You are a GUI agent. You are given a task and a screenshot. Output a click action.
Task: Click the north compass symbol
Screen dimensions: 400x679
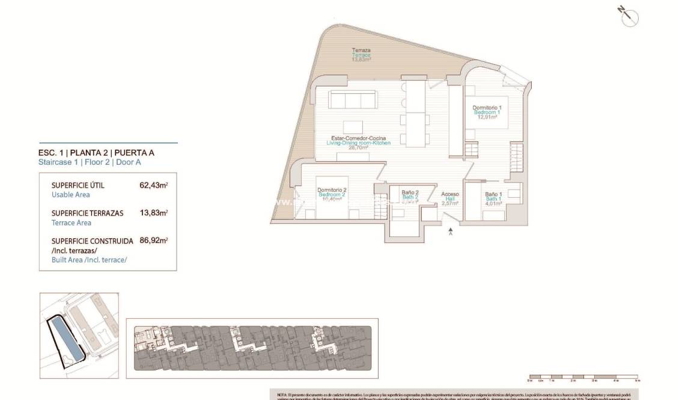pyautogui.click(x=629, y=17)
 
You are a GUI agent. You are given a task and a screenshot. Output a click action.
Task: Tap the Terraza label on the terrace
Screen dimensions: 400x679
pyautogui.click(x=361, y=51)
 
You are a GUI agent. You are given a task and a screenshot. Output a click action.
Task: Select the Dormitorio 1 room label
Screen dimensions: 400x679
pyautogui.click(x=487, y=108)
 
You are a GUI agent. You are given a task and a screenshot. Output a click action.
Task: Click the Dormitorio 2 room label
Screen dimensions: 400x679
pyautogui.click(x=332, y=190)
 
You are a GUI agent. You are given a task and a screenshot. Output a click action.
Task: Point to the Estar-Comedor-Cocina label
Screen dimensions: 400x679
pyautogui.click(x=358, y=138)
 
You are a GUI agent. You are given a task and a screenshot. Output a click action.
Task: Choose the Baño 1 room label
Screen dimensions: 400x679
pyautogui.click(x=493, y=194)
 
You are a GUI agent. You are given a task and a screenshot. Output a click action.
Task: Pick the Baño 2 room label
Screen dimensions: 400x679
pyautogui.click(x=410, y=192)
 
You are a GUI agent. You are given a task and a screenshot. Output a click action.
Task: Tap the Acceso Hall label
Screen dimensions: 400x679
pyautogui.click(x=450, y=194)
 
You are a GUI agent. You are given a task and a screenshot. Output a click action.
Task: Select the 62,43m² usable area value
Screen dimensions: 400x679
pyautogui.click(x=153, y=185)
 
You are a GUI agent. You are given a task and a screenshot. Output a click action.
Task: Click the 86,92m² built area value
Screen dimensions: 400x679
pyautogui.click(x=153, y=241)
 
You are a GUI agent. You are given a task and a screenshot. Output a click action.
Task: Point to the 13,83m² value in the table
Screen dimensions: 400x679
pyautogui.click(x=153, y=213)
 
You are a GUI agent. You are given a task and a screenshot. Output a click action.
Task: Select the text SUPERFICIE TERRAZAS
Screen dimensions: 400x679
pyautogui.click(x=88, y=213)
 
